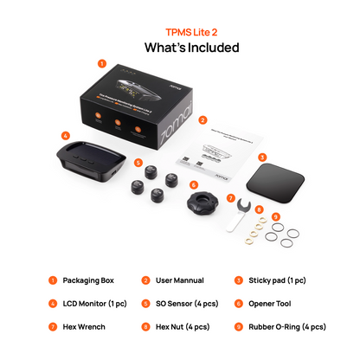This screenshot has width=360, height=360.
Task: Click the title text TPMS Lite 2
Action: pos(179,30)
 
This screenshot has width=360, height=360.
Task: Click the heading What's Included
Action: pos(179,48)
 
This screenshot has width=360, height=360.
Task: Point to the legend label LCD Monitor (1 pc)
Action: pos(91,305)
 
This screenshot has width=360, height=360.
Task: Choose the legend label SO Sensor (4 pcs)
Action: pos(186,305)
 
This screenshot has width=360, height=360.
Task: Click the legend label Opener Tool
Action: pos(273,305)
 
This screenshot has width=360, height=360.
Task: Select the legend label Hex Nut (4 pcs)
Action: pos(184,328)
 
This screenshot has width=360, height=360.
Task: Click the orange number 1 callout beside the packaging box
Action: pos(102,63)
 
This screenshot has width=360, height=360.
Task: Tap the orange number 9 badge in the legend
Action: pos(238,328)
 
